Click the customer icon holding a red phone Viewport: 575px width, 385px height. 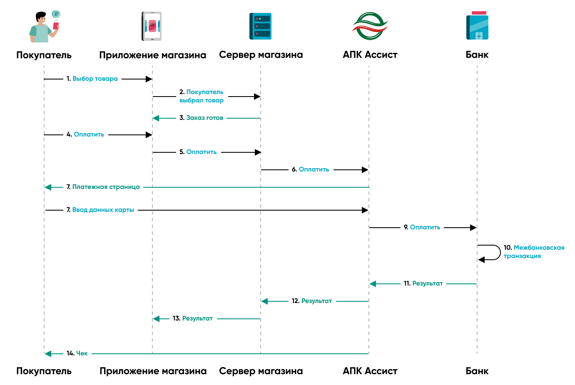(x=44, y=27)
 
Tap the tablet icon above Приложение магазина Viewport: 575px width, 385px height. (x=152, y=26)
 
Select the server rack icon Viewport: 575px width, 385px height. (x=261, y=26)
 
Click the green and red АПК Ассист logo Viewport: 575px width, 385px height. (x=370, y=26)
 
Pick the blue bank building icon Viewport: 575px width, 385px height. (x=477, y=26)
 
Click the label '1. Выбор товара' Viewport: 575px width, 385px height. (x=92, y=79)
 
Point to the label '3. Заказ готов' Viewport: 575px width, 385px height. (x=201, y=118)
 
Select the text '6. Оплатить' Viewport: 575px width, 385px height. (x=310, y=169)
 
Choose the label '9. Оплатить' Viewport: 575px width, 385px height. (x=422, y=227)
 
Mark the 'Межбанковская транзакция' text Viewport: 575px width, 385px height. (x=534, y=252)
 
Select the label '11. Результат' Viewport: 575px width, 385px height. (x=423, y=283)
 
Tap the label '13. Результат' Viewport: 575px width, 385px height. (x=192, y=318)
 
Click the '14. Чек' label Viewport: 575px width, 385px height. (x=77, y=353)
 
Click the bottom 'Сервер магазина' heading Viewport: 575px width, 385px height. (x=261, y=371)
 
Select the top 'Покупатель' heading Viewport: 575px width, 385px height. (x=44, y=55)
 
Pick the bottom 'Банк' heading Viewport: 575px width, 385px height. (x=477, y=371)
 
